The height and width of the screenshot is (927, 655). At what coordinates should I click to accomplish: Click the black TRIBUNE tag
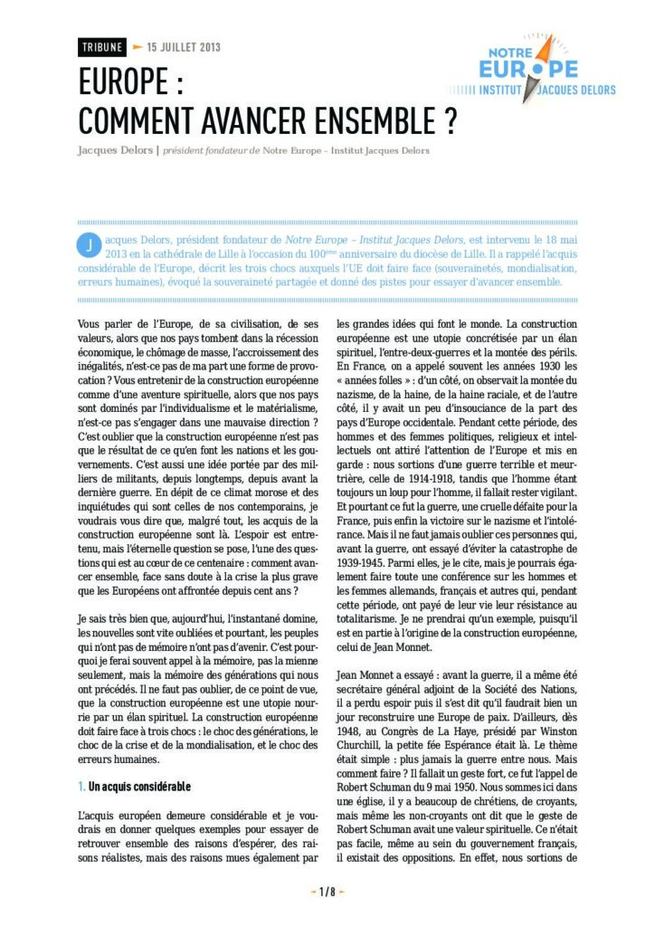[101, 48]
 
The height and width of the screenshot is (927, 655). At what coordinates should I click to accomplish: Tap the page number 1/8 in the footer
[327, 892]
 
